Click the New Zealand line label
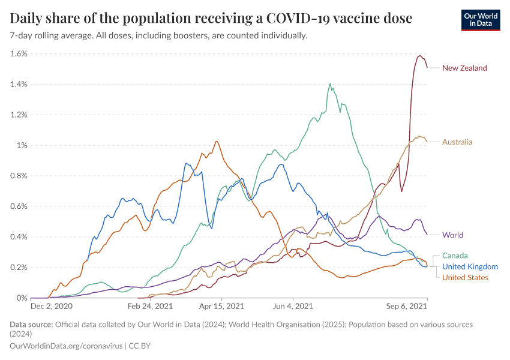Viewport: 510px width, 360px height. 464,68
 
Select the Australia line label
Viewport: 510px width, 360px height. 457,142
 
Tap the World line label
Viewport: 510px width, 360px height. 452,235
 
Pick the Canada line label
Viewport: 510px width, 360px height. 455,256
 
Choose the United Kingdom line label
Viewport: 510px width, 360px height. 470,266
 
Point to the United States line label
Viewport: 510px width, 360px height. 465,277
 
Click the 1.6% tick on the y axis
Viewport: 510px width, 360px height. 19,53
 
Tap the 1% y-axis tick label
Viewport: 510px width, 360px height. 22,145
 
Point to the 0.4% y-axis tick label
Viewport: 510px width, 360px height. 19,236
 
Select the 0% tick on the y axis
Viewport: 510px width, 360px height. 22,298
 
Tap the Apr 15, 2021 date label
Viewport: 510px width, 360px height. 222,307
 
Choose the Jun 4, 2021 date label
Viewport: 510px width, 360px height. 293,307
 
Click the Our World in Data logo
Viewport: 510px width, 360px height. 480,19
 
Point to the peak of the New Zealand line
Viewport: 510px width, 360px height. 419,56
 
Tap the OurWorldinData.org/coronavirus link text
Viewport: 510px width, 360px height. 66,346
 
